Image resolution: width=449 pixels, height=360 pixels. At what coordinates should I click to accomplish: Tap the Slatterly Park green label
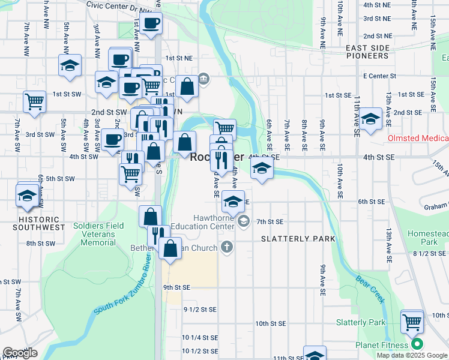(360, 322)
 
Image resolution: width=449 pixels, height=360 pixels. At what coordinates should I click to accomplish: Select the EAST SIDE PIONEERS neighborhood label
(360, 52)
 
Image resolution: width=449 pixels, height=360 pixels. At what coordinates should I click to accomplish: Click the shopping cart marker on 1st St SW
(35, 101)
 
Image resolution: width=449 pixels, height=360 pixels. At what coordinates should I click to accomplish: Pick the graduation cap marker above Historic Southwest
(28, 196)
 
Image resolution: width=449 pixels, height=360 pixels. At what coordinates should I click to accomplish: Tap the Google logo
(20, 352)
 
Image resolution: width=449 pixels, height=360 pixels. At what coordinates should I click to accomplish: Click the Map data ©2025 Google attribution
(412, 355)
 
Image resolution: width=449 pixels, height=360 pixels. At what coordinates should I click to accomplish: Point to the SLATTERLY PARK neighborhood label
(298, 239)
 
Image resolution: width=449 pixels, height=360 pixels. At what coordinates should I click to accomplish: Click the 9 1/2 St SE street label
(199, 310)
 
